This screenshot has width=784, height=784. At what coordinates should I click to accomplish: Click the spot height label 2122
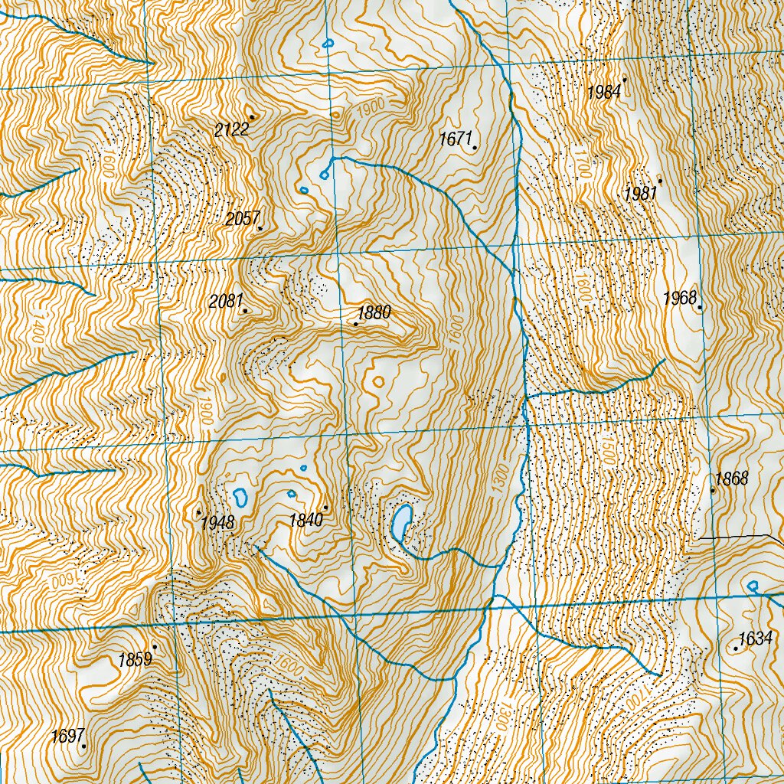coord(231,129)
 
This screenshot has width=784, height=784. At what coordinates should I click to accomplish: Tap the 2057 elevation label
coord(243,219)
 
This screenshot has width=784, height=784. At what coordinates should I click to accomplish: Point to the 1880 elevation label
coord(374,312)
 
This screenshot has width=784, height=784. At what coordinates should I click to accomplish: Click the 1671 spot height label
coord(456,139)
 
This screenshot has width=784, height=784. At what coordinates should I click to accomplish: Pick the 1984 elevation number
coord(604,93)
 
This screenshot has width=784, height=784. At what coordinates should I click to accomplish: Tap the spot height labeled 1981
coord(640,194)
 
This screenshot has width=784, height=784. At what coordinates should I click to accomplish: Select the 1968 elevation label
coord(680,298)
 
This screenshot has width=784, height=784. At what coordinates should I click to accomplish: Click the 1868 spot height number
coord(731,479)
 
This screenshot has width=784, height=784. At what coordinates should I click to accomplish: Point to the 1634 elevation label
coord(755,639)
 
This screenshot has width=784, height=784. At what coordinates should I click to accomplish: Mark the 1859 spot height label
coord(135,660)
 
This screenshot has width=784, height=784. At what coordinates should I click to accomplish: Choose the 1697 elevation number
coord(67,737)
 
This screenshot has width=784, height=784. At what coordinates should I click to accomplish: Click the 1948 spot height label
coord(217,523)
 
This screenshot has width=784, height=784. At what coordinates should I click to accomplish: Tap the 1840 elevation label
coord(306,521)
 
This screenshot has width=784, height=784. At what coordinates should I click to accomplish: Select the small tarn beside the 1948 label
coord(242,497)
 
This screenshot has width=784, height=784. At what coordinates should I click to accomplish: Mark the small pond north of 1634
coord(753,586)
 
